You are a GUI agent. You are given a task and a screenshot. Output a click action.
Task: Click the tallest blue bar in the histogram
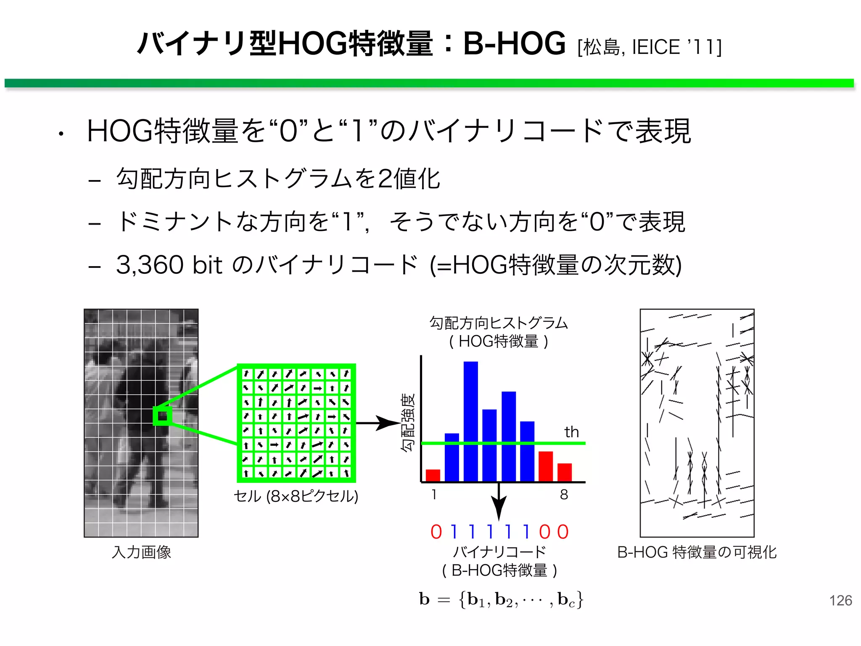(470, 421)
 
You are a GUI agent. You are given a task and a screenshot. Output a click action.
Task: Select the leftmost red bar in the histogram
(433, 475)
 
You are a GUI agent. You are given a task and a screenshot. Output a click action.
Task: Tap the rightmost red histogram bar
(564, 472)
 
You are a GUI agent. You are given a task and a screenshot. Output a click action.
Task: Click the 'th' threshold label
(571, 432)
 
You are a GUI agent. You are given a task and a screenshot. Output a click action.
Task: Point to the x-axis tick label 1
(433, 495)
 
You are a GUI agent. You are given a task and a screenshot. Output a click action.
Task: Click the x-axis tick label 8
(564, 495)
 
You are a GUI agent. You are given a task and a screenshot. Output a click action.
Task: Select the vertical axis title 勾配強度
(407, 422)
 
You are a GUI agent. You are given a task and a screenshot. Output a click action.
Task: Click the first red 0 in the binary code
(436, 532)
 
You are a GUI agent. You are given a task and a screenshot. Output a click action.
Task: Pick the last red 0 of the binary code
(563, 532)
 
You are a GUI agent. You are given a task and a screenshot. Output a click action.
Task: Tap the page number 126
(840, 600)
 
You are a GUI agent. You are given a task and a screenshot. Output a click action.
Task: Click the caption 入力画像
(141, 552)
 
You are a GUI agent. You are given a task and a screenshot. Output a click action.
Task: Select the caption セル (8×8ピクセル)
(296, 496)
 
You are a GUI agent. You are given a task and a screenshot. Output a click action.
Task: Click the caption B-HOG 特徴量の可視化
(697, 552)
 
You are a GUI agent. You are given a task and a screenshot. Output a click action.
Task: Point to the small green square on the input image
(162, 416)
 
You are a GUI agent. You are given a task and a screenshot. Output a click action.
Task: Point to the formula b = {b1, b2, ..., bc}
(501, 599)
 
